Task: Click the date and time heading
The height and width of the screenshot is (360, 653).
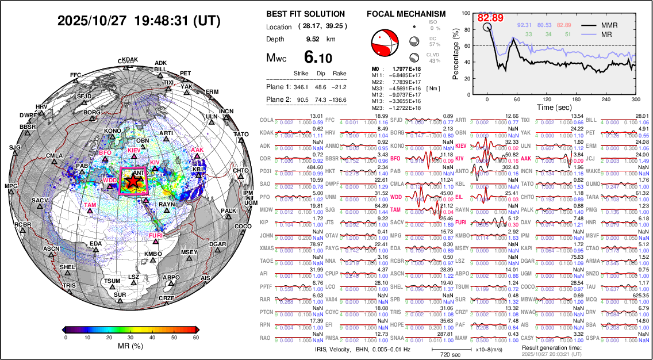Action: tap(139, 21)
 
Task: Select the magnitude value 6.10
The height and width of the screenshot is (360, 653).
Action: tap(318, 58)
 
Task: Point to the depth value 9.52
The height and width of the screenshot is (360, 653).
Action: tap(313, 39)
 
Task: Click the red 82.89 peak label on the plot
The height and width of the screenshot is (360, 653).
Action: tap(490, 18)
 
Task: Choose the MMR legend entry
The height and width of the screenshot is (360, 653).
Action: tap(609, 25)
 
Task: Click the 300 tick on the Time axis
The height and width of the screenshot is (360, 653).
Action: tap(636, 99)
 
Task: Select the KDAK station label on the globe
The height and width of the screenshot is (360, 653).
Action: tap(130, 59)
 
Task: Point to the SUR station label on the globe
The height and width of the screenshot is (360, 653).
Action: tap(120, 294)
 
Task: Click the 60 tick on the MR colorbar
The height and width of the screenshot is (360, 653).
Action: tap(196, 338)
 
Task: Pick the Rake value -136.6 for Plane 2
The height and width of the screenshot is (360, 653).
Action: tap(339, 99)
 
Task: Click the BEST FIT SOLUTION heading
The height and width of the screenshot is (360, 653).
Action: tap(306, 14)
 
